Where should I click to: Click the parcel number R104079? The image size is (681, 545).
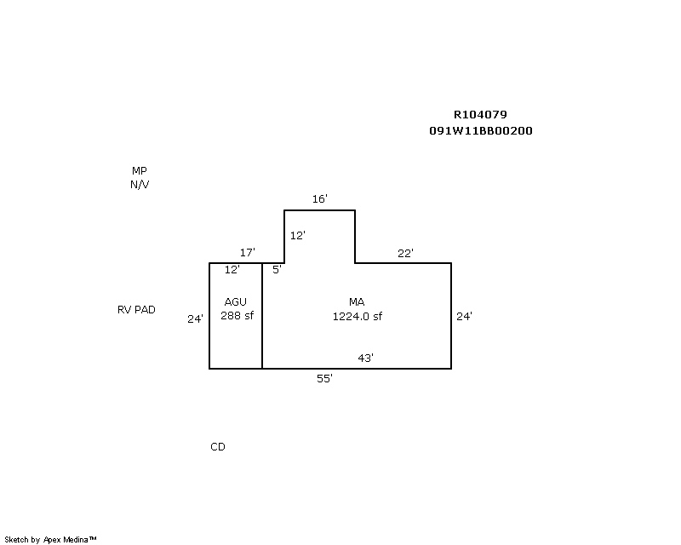click(481, 115)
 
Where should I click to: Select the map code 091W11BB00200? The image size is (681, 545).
click(481, 131)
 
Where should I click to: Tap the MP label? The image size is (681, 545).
click(140, 171)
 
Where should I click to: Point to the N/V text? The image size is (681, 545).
click(140, 184)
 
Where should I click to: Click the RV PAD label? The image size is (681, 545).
click(136, 310)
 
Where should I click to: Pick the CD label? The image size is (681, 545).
click(218, 447)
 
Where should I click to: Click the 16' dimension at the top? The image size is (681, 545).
click(319, 199)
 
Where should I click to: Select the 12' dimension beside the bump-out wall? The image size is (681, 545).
click(297, 236)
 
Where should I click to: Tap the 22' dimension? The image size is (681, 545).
click(405, 253)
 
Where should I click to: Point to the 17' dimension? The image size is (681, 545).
click(248, 253)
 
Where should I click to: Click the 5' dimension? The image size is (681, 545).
click(277, 270)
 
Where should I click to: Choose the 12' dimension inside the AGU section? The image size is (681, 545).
click(232, 270)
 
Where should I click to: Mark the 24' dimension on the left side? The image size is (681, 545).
click(196, 319)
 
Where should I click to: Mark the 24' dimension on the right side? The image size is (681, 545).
click(464, 316)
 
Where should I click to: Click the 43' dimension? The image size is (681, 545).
click(365, 359)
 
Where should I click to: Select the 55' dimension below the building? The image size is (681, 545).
click(324, 379)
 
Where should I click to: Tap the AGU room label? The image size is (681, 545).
click(236, 302)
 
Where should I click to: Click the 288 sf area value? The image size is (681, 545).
click(237, 316)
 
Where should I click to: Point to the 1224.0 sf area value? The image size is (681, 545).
click(357, 316)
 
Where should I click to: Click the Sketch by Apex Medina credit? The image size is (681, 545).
click(50, 539)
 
